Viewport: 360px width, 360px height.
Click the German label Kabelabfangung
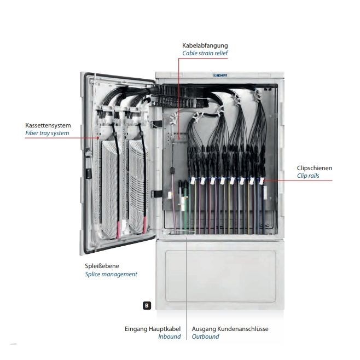click(x=205, y=45)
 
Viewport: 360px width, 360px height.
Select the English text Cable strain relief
click(x=205, y=53)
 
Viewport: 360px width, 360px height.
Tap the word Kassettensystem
click(x=48, y=125)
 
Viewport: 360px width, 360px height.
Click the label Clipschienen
click(x=314, y=168)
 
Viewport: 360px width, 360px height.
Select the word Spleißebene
click(x=102, y=266)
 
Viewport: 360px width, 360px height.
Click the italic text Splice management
click(x=111, y=274)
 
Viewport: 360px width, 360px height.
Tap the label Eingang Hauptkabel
click(x=153, y=329)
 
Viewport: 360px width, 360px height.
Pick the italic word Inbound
click(x=170, y=336)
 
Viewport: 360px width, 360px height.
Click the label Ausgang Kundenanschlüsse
click(x=230, y=329)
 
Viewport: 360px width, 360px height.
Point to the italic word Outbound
click(x=206, y=336)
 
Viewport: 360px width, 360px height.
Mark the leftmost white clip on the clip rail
click(x=193, y=179)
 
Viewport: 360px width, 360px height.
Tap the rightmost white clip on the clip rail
click(x=261, y=179)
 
